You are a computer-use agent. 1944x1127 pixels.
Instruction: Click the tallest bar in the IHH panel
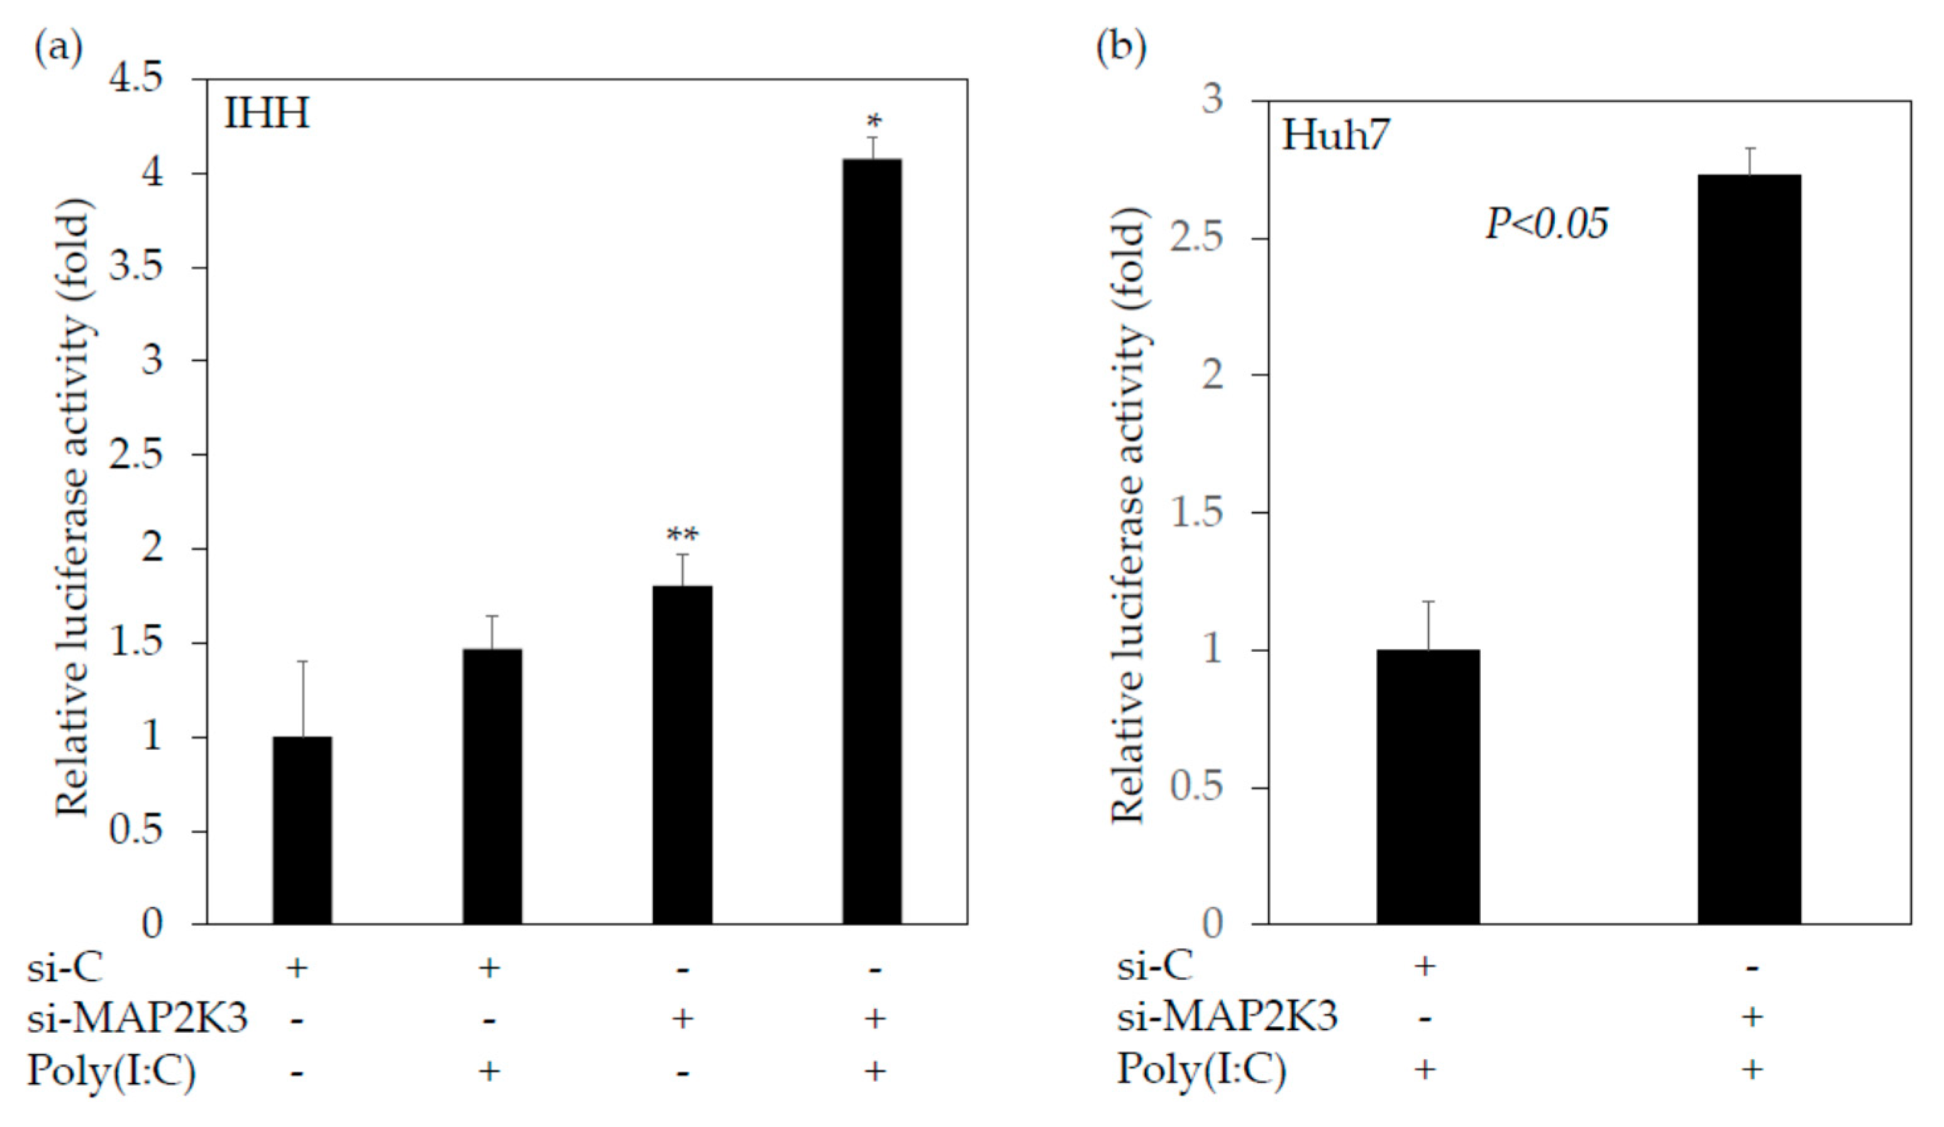click(871, 540)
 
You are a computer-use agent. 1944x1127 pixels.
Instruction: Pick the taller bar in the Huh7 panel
click(1750, 547)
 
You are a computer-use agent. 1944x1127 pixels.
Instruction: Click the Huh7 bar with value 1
click(1428, 786)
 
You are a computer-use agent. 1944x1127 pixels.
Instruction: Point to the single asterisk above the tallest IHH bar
click(873, 122)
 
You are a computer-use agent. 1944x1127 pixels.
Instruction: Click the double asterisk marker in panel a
click(682, 534)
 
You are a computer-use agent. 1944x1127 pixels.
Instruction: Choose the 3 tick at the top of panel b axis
click(1213, 101)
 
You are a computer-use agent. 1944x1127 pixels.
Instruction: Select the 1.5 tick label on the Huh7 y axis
click(1196, 512)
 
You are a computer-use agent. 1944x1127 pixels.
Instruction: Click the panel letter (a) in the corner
click(58, 48)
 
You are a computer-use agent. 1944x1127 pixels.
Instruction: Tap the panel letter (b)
click(1121, 48)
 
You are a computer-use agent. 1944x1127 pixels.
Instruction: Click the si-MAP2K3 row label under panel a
click(137, 1018)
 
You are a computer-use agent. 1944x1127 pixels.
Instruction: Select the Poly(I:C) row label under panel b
click(1201, 1070)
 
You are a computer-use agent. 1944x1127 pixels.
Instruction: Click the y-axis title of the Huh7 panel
click(1128, 517)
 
